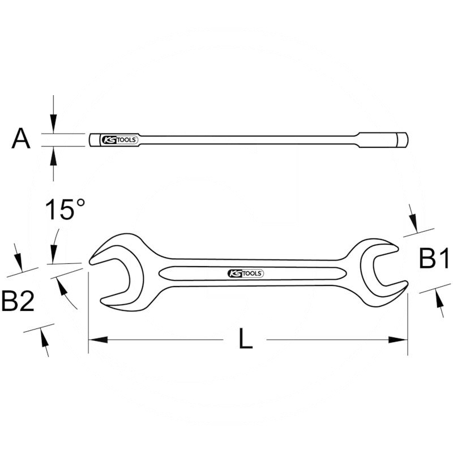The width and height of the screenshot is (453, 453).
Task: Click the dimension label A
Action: click(21, 139)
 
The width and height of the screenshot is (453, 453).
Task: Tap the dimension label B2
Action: click(19, 301)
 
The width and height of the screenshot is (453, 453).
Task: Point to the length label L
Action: click(245, 339)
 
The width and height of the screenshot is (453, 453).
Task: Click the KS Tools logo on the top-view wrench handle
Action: click(245, 273)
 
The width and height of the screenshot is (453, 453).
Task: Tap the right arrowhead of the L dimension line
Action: click(399, 340)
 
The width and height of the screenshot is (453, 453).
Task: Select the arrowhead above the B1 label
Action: click(414, 223)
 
